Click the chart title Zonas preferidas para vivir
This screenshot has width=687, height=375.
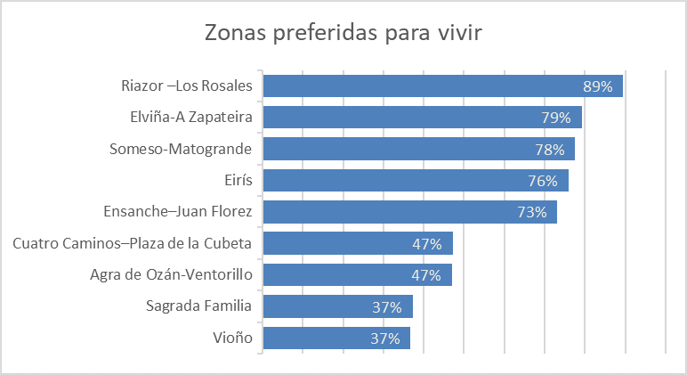click(x=343, y=33)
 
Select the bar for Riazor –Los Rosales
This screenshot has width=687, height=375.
click(x=442, y=86)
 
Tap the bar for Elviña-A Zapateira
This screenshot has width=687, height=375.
click(x=422, y=118)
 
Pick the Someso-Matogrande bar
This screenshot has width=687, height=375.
click(x=418, y=149)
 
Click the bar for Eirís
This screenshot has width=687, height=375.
click(x=416, y=181)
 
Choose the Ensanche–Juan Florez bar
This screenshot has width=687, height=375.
click(x=409, y=212)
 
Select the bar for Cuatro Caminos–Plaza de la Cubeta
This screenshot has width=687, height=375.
click(x=358, y=243)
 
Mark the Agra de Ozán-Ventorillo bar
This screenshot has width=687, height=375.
click(x=358, y=274)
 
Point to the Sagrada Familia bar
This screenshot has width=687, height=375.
click(x=337, y=306)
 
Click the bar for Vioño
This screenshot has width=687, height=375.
click(x=336, y=338)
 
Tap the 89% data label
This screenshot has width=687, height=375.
click(x=597, y=86)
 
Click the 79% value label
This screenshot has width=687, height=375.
click(x=557, y=118)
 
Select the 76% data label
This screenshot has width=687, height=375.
click(x=543, y=181)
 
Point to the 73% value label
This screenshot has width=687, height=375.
click(x=532, y=212)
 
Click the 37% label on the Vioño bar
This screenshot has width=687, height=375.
click(x=386, y=338)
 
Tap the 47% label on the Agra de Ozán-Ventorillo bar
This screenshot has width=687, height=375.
click(x=426, y=274)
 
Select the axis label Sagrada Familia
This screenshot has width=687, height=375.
click(x=198, y=306)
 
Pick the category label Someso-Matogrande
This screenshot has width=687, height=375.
click(x=181, y=149)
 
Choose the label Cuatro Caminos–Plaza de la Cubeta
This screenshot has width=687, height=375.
click(x=133, y=243)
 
